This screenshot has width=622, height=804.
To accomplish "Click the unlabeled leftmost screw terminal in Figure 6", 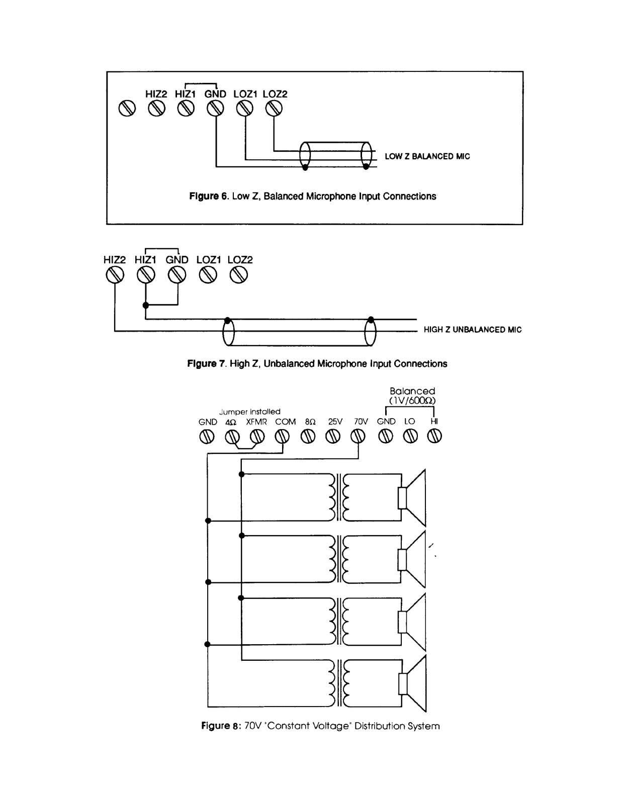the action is pyautogui.click(x=127, y=109).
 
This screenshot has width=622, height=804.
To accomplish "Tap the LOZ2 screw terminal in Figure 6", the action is pyautogui.click(x=274, y=109).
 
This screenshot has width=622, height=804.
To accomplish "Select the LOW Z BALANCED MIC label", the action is pyautogui.click(x=427, y=156).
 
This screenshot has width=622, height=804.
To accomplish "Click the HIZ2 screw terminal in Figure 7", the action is pyautogui.click(x=115, y=275).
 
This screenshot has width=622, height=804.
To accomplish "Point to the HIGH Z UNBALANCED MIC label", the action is pyautogui.click(x=473, y=330).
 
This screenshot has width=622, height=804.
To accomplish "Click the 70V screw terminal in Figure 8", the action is pyautogui.click(x=358, y=437).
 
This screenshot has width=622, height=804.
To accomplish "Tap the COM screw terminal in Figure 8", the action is pyautogui.click(x=282, y=437).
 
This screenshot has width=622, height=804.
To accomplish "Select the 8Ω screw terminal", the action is pyautogui.click(x=308, y=437).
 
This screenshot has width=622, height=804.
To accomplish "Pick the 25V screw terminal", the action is pyautogui.click(x=333, y=437).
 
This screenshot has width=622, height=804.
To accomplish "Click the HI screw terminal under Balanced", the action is pyautogui.click(x=434, y=437).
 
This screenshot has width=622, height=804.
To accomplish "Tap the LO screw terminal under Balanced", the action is pyautogui.click(x=410, y=437).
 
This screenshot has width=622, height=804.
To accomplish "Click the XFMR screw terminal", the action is pyautogui.click(x=257, y=437).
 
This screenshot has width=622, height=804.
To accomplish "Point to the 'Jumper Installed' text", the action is pyautogui.click(x=249, y=412).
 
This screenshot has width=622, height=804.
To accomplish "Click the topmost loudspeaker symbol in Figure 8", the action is pyautogui.click(x=412, y=497).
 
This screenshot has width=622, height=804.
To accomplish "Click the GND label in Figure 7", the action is pyautogui.click(x=177, y=260).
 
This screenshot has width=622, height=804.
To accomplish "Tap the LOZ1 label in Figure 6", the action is pyautogui.click(x=245, y=94).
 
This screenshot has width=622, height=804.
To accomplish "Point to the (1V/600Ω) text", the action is pyautogui.click(x=412, y=400).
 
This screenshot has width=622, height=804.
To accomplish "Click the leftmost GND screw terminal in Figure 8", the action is pyautogui.click(x=207, y=437).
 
